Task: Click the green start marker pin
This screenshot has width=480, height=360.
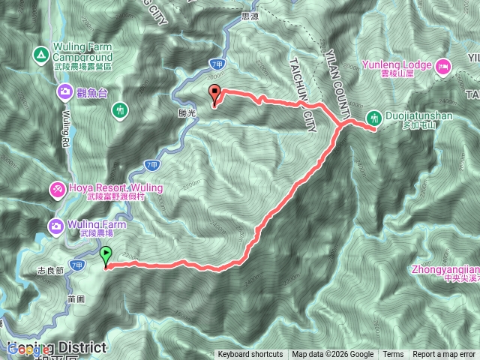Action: (106, 256)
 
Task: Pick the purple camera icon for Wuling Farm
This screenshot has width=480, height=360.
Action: (57, 225)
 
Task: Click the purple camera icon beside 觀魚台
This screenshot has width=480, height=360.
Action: (64, 92)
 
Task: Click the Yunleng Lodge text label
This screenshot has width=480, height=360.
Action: (396, 65)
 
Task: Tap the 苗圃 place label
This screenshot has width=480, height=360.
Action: (73, 296)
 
